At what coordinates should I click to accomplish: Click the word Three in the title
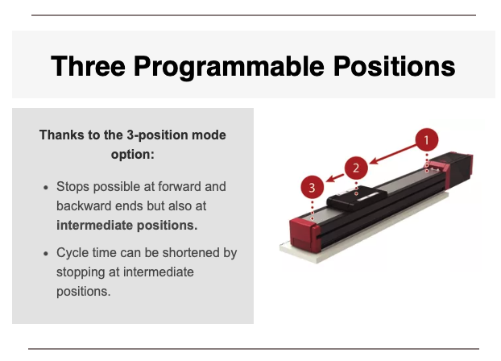pos(88,66)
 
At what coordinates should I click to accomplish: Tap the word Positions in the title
pos(395,66)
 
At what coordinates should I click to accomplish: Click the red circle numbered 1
pos(427,140)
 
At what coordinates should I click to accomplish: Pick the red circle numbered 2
pos(356,168)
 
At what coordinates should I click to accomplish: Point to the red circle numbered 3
pos(313,188)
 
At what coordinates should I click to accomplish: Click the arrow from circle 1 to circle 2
pos(393,155)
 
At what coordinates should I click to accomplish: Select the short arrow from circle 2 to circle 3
pos(334,178)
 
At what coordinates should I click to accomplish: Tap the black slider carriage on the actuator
pos(356,197)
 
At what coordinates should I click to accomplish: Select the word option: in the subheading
pos(133,155)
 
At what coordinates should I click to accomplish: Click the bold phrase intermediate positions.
pos(126,226)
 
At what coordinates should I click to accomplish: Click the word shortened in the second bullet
pos(191,252)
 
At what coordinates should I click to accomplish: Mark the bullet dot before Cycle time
pos(46,254)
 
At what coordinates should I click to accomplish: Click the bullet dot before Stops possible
pos(46,188)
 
